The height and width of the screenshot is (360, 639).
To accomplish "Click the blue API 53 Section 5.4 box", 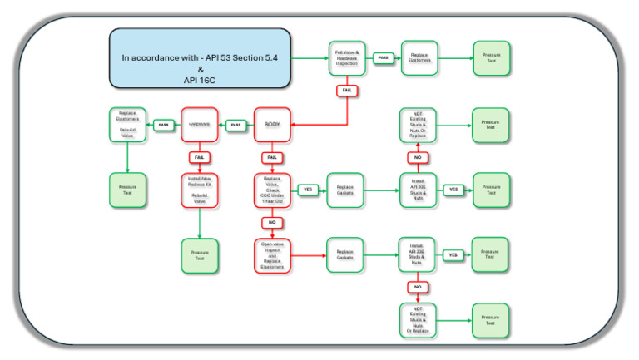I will [200, 58].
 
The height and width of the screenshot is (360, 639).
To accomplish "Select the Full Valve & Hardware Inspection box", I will [347, 58].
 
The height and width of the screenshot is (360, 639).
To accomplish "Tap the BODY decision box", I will [270, 125].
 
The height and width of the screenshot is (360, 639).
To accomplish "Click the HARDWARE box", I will [199, 125].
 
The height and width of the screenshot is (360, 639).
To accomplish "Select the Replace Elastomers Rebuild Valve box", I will [127, 125].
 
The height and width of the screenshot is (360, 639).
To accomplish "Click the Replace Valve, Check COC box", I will [270, 190].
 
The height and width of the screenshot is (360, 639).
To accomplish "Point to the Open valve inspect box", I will [270, 255].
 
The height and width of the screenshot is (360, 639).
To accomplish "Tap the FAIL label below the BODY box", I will [270, 157].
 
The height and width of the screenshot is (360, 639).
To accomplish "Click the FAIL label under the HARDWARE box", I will [199, 157].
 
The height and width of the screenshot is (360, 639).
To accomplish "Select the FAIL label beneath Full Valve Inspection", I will [347, 91].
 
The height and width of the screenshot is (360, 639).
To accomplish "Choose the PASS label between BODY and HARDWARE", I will [235, 125].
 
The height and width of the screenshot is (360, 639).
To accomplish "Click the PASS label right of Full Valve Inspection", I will [383, 58].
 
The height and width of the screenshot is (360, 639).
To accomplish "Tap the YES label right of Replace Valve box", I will [307, 190].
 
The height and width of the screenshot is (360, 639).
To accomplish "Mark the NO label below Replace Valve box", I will [270, 223].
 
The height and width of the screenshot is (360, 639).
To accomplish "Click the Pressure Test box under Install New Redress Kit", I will [199, 255].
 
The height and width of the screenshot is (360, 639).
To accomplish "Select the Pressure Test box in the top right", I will [492, 58].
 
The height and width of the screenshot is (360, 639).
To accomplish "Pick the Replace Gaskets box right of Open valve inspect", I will [345, 255].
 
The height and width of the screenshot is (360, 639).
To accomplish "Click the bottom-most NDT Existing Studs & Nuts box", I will [418, 320].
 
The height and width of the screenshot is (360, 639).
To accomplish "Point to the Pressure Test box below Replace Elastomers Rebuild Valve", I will [127, 190].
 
